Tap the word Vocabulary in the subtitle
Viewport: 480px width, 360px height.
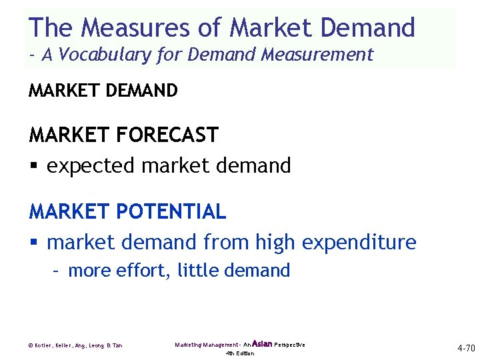click(x=106, y=55)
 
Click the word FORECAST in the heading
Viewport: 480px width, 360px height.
click(x=167, y=135)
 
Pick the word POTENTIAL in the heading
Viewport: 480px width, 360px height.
click(x=171, y=212)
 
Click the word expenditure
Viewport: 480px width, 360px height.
click(x=359, y=243)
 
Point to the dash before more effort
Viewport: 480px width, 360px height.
click(x=58, y=271)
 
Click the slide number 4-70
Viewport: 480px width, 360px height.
click(x=465, y=348)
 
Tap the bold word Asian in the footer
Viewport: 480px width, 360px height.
click(x=262, y=344)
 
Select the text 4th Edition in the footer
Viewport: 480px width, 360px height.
click(x=240, y=353)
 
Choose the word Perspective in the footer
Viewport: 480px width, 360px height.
click(x=289, y=345)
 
